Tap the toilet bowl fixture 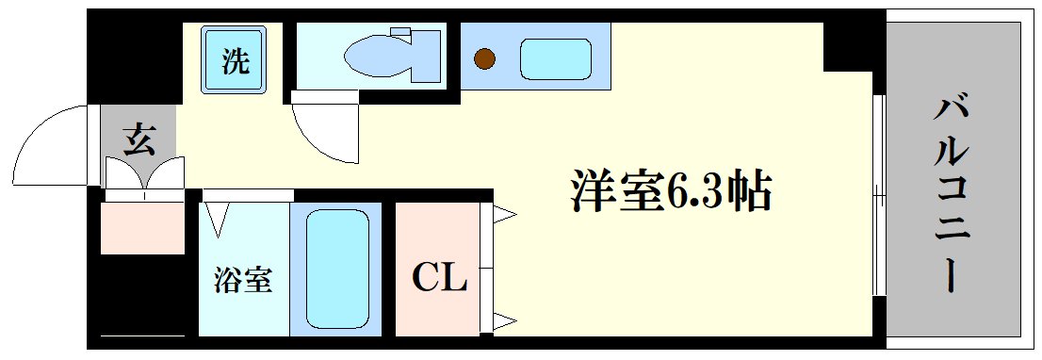(x=377, y=57)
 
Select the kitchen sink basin (x=556, y=59)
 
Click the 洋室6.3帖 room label (x=670, y=192)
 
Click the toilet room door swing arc (x=325, y=132)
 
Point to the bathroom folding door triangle (x=218, y=221)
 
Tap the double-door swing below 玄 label (x=143, y=177)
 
